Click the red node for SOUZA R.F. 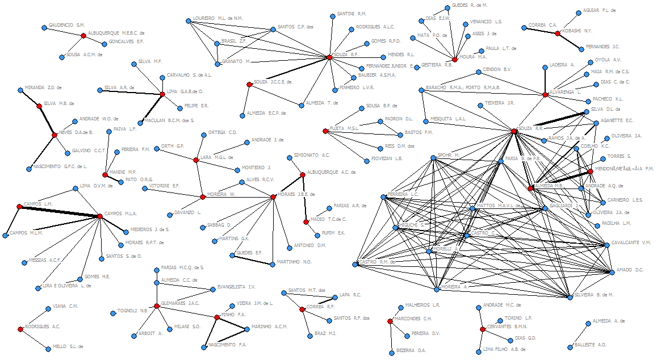pyautogui.click(x=329, y=57)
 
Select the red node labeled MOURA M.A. pyautogui.click(x=455, y=60)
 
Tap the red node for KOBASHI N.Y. pyautogui.click(x=558, y=34)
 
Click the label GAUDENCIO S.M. pyautogui.click(x=66, y=25)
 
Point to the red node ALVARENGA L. pyautogui.click(x=545, y=95)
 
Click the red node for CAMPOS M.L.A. pyautogui.click(x=101, y=216)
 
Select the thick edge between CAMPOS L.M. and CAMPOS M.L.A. pyautogui.click(x=60, y=211)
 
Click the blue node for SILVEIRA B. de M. pyautogui.click(x=570, y=296)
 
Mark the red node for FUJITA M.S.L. pyautogui.click(x=325, y=131)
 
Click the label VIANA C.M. pyautogui.click(x=65, y=306)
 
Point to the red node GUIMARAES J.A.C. pyautogui.click(x=156, y=306)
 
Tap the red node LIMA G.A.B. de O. pyautogui.click(x=162, y=94)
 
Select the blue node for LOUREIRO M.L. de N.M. pyautogui.click(x=188, y=21)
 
